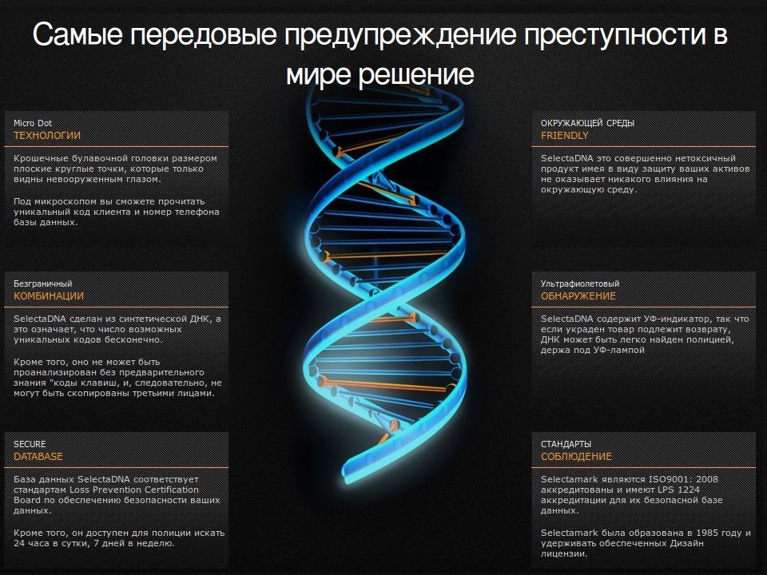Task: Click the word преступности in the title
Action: [608, 35]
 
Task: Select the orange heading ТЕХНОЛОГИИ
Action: [47, 136]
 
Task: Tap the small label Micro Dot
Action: [33, 123]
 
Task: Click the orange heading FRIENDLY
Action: [565, 136]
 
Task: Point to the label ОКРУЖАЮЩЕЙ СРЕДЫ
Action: [587, 123]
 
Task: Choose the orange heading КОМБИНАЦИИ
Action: [49, 295]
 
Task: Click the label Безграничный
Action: [42, 284]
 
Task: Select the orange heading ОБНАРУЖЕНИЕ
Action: [578, 295]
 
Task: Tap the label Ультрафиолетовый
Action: [580, 284]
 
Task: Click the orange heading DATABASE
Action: [38, 456]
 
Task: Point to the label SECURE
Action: [30, 444]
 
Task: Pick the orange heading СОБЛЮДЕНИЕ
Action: [576, 456]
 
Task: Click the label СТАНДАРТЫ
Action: [566, 444]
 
